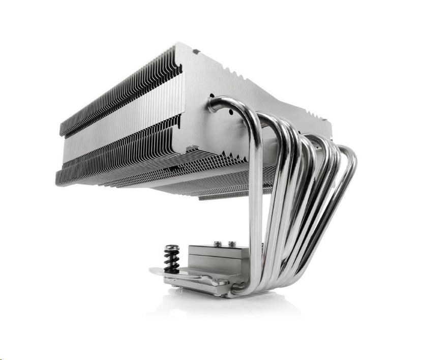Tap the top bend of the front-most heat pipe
click(224, 101)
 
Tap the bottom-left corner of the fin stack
click(57, 181)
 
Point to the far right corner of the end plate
click(330, 125)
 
